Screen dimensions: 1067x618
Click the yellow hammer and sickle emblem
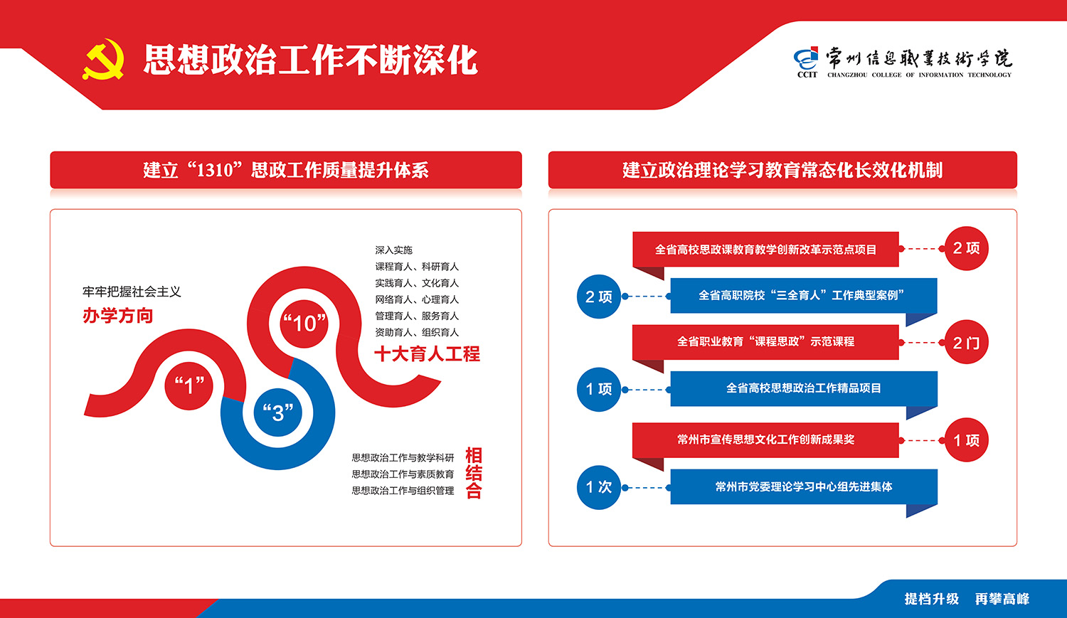tap(103, 60)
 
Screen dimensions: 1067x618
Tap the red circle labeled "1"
tap(189, 385)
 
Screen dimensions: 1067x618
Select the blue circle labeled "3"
tap(277, 412)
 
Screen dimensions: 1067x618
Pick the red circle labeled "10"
tap(304, 324)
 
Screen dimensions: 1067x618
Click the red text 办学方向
tap(117, 315)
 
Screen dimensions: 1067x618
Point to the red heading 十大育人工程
tap(427, 353)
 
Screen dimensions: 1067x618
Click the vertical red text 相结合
tap(474, 472)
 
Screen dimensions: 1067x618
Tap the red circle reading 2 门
tap(966, 342)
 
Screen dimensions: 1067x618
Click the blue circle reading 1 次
tap(599, 487)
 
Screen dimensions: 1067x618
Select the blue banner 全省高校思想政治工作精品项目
tap(804, 388)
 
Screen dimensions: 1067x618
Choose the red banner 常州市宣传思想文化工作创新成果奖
tap(765, 440)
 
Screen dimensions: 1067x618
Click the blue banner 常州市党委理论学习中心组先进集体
tap(804, 486)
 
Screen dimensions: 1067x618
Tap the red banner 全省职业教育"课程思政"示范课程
tap(765, 342)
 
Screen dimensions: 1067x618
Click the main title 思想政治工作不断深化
tap(311, 60)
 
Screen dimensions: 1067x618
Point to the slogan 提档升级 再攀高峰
tap(967, 599)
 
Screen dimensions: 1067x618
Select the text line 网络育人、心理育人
tap(417, 299)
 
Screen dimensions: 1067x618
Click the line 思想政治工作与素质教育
tap(403, 474)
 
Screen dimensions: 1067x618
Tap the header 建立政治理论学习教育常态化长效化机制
tap(782, 170)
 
